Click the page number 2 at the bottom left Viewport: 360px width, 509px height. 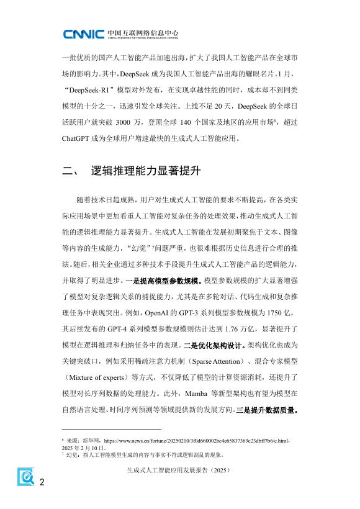(x=42, y=484)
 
